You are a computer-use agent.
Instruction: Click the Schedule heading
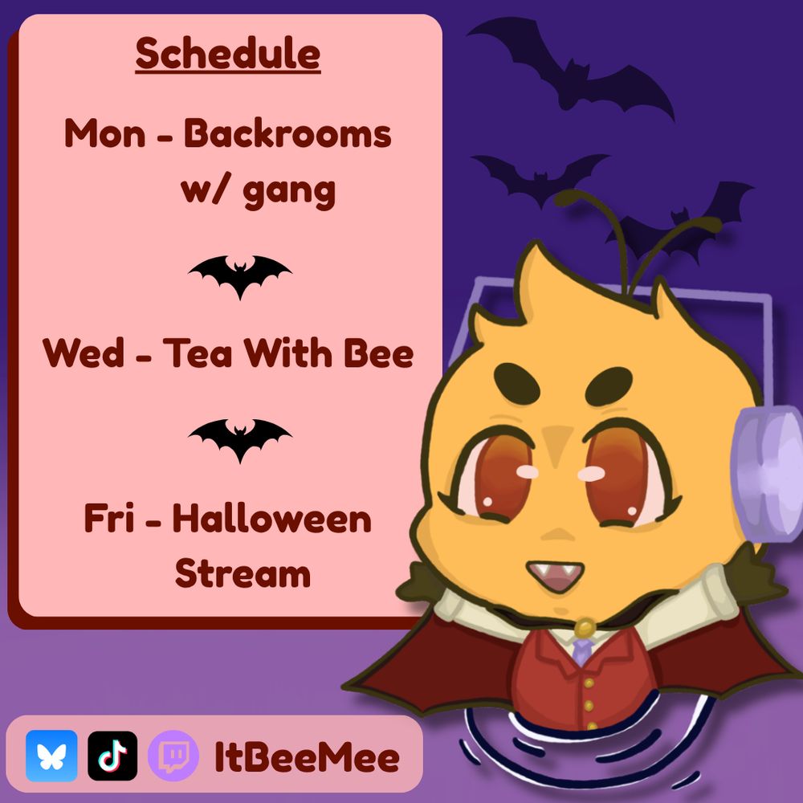(228, 53)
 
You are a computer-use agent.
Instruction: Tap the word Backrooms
(287, 133)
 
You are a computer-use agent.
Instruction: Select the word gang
(289, 193)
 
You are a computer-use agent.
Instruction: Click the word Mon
(105, 133)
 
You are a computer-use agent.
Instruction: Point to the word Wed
(84, 353)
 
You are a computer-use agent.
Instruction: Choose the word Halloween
(272, 518)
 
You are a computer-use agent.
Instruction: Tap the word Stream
(243, 573)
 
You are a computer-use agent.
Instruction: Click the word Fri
(109, 517)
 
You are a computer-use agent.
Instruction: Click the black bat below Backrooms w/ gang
(239, 274)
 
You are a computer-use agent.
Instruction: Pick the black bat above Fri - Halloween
(239, 438)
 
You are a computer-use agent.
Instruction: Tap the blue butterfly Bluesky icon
(51, 756)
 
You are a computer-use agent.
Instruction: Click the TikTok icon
(112, 756)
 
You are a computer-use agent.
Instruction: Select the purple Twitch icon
(173, 756)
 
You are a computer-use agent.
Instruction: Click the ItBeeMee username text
(306, 757)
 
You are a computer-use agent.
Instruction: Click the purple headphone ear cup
(768, 473)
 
